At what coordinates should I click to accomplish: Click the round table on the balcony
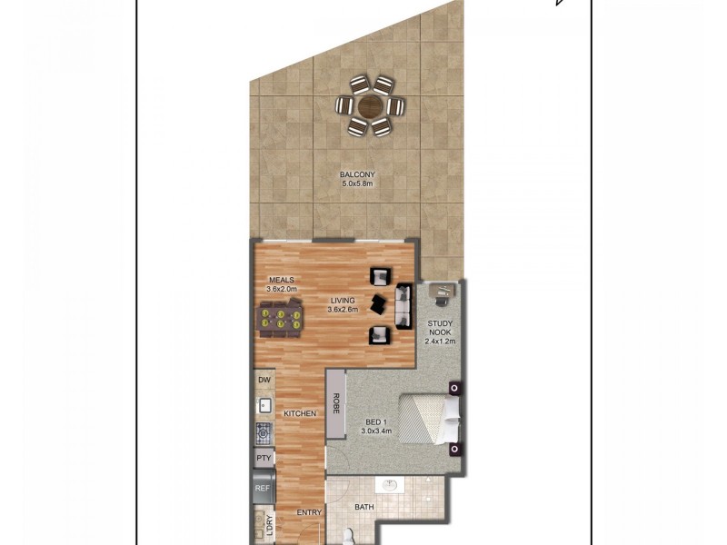click(371, 107)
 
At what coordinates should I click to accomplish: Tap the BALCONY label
click(357, 174)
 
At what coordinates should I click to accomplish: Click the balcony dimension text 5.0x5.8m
click(357, 183)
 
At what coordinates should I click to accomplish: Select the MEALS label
click(281, 280)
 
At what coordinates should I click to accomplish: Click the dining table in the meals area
click(280, 319)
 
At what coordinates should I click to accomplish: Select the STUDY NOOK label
click(443, 328)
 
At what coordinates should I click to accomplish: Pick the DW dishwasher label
click(264, 380)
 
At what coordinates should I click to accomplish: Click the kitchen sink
click(264, 405)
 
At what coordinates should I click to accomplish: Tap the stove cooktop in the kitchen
click(264, 432)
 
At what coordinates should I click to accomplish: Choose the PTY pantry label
click(264, 458)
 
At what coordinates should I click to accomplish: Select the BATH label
click(364, 508)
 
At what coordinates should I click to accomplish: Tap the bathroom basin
click(391, 484)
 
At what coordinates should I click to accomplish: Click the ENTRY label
click(309, 512)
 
